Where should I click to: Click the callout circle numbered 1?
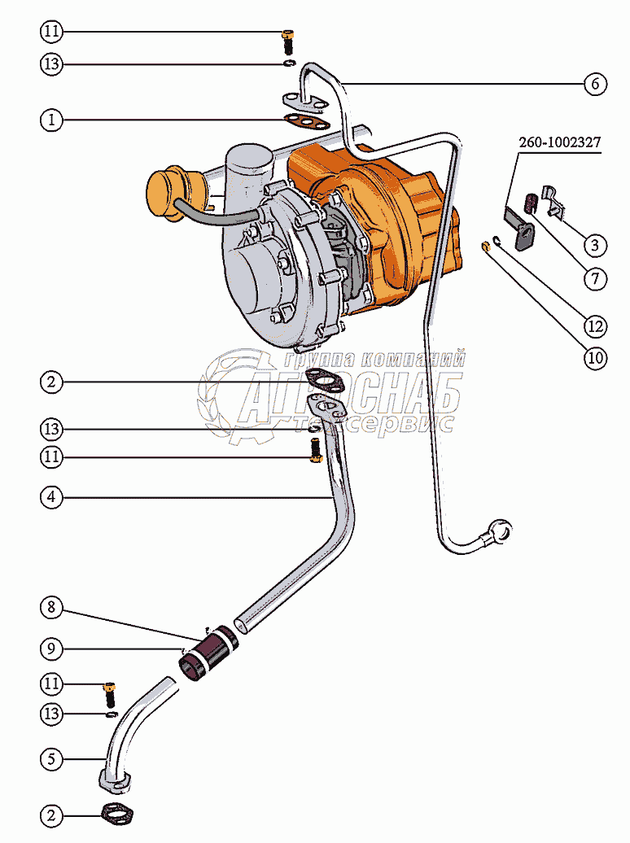pyautogui.click(x=51, y=120)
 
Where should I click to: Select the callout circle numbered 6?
pyautogui.click(x=595, y=83)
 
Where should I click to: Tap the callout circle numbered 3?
pyautogui.click(x=595, y=244)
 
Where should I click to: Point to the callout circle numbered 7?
pyautogui.click(x=595, y=279)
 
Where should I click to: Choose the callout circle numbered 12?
pyautogui.click(x=595, y=326)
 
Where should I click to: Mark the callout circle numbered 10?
pyautogui.click(x=595, y=358)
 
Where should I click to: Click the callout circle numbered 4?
pyautogui.click(x=51, y=496)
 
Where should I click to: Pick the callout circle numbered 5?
pyautogui.click(x=51, y=759)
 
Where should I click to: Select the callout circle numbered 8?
pyautogui.click(x=51, y=607)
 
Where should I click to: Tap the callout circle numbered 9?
pyautogui.click(x=51, y=649)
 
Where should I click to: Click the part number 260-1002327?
pyautogui.click(x=560, y=143)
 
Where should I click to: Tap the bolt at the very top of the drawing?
pyautogui.click(x=287, y=37)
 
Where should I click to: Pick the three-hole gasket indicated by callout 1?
pyautogui.click(x=306, y=123)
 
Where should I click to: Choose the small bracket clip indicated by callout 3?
pyautogui.click(x=553, y=200)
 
